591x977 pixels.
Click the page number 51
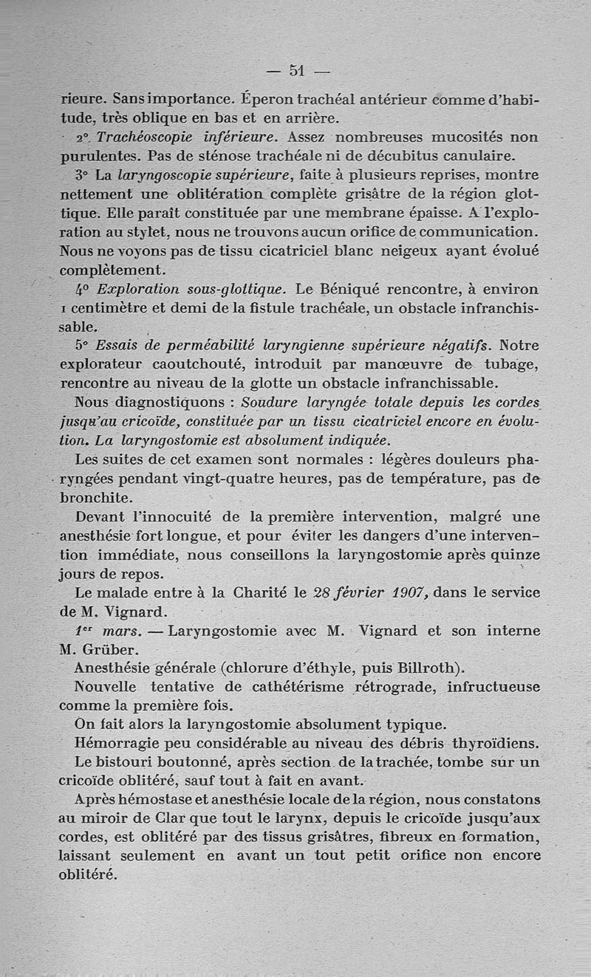(x=297, y=71)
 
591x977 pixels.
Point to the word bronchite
(x=95, y=498)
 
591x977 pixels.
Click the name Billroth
(x=423, y=669)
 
